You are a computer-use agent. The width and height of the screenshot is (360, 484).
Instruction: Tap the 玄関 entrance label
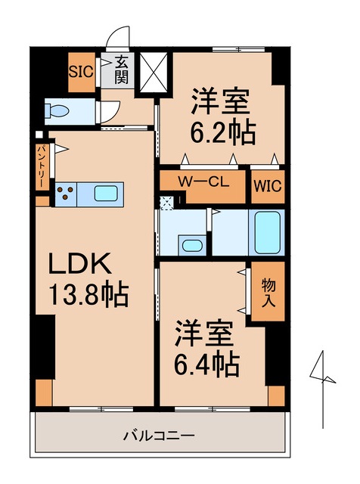pos(122,71)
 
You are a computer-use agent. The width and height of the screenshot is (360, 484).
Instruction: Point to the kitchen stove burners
pos(67,194)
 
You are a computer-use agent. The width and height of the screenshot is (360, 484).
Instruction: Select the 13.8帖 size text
pos(88,293)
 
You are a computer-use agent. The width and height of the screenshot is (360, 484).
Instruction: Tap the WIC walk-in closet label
pos(267,185)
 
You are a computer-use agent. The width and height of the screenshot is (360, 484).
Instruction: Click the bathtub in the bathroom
pos(268,232)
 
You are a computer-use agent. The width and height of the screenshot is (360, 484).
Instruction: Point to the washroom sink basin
pos(191,245)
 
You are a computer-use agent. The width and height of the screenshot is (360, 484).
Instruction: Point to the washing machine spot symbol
pos(166,202)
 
